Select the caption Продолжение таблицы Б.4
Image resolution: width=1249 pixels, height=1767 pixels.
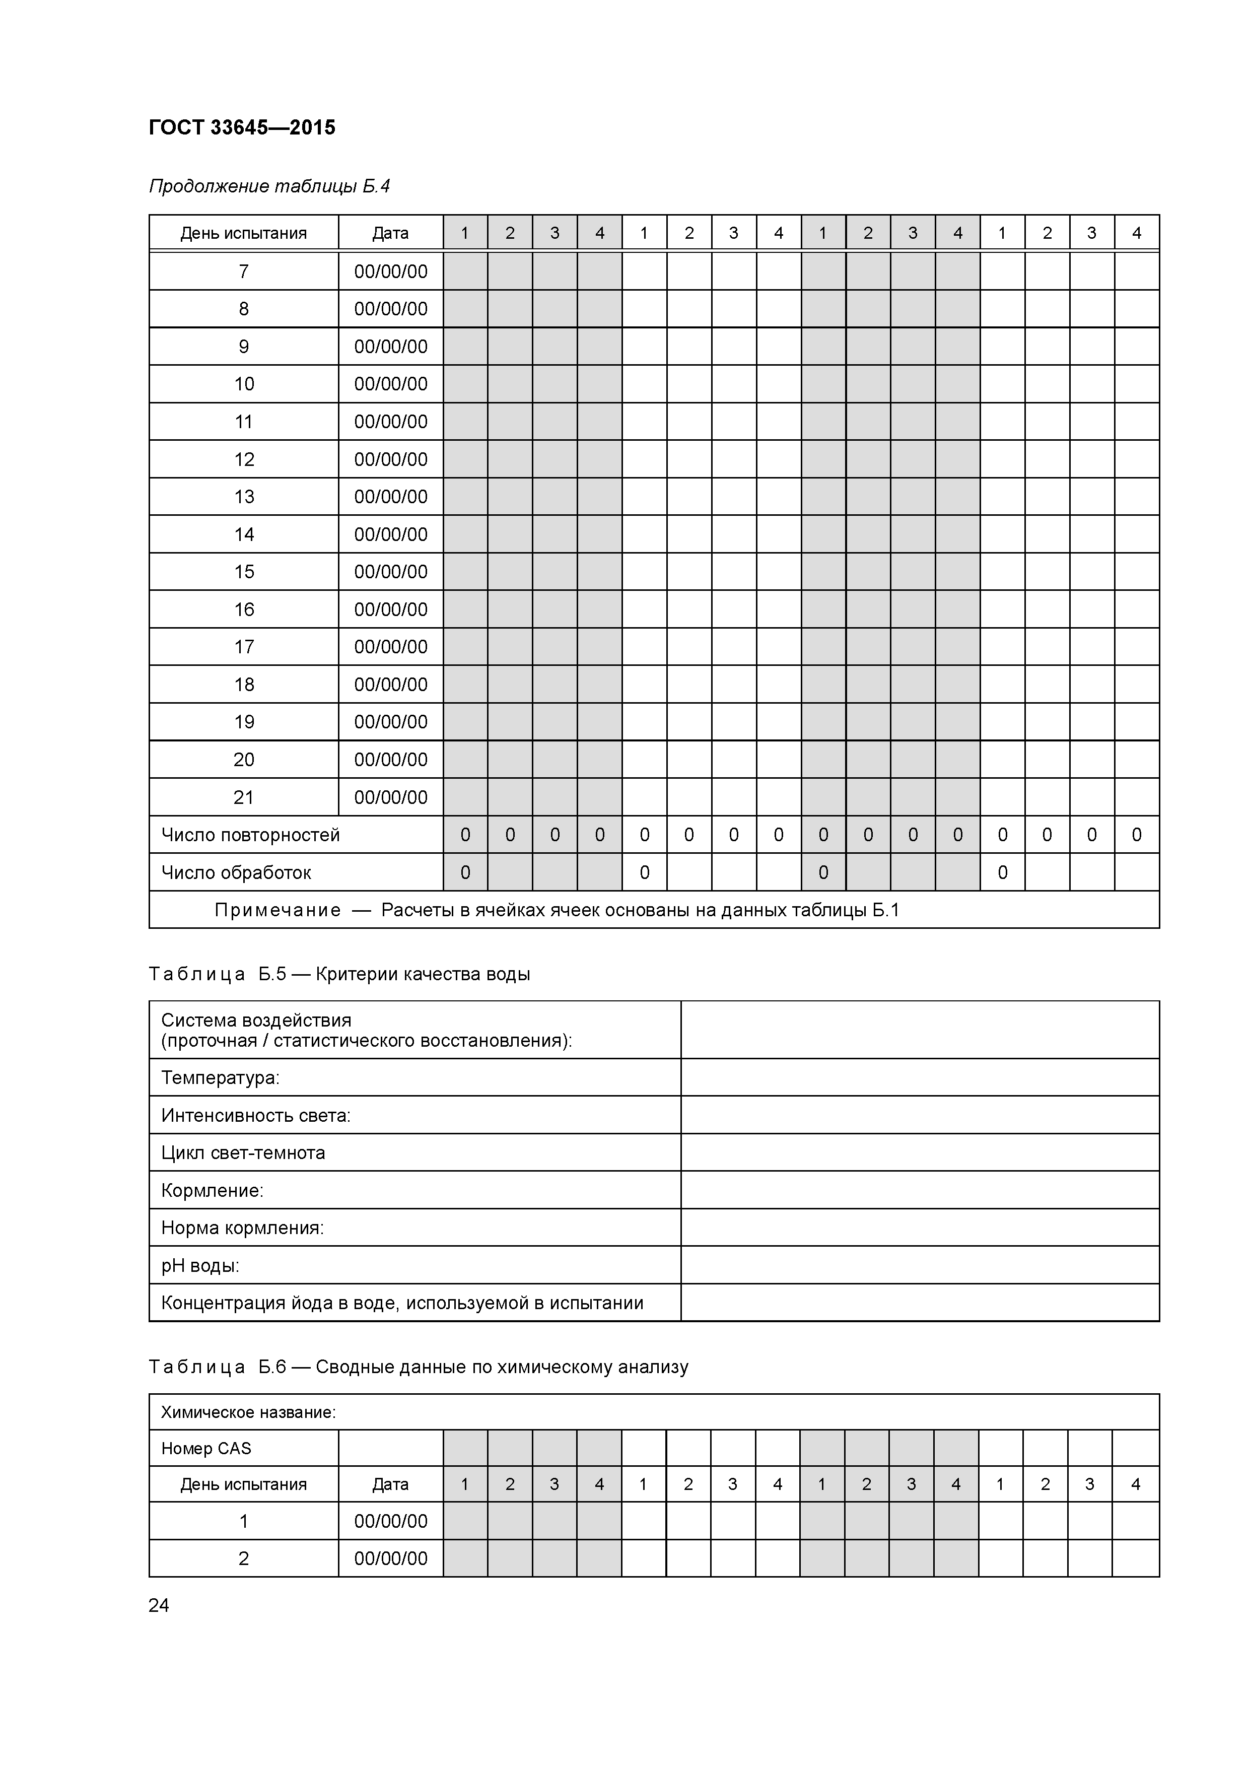(x=269, y=186)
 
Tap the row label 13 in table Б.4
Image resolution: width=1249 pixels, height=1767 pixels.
(x=243, y=496)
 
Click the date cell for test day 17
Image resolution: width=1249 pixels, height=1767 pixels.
(x=390, y=646)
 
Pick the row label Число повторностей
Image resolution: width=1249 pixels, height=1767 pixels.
(x=250, y=835)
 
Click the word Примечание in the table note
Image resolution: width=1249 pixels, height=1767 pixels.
(x=277, y=910)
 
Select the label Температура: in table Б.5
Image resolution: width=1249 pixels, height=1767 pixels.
(x=220, y=1077)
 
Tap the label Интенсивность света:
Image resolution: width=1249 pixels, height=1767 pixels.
(x=255, y=1115)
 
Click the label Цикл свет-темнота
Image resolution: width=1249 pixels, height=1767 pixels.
(x=243, y=1153)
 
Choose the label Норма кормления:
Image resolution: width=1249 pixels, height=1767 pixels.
(x=242, y=1228)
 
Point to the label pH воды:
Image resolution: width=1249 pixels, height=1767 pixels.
(x=200, y=1265)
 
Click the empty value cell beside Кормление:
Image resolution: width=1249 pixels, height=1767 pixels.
(x=920, y=1191)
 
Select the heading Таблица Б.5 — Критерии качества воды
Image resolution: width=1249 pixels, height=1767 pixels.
(x=339, y=974)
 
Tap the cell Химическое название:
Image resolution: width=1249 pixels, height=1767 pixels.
(x=249, y=1412)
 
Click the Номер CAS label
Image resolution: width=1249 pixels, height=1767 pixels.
(x=206, y=1448)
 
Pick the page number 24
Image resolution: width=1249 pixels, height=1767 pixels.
(x=159, y=1605)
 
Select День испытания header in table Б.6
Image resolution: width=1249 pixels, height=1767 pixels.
(x=243, y=1484)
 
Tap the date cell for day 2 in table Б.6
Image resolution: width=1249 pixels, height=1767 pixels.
(x=390, y=1558)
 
